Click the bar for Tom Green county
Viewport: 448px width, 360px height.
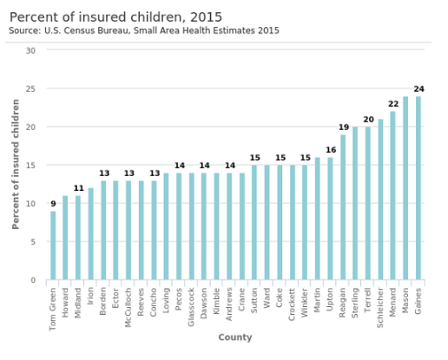(x=53, y=245)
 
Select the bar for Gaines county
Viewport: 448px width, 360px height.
(x=418, y=188)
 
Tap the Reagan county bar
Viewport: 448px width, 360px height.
(x=343, y=207)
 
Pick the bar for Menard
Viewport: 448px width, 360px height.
(x=392, y=195)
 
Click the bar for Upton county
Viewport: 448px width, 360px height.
(x=330, y=219)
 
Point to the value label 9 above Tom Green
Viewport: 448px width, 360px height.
(x=53, y=204)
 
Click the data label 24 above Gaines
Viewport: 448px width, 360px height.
(x=418, y=89)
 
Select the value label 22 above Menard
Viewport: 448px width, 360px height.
(x=393, y=104)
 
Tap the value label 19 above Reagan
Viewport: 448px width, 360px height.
(x=344, y=128)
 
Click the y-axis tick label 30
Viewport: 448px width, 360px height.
(x=30, y=51)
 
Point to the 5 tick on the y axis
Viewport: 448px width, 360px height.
(x=33, y=242)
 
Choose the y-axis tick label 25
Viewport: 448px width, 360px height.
(x=30, y=89)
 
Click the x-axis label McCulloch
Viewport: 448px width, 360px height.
(x=128, y=307)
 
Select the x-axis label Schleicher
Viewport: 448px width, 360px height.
(x=380, y=308)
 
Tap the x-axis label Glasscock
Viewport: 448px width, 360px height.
(x=191, y=307)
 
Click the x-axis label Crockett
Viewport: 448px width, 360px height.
(x=292, y=304)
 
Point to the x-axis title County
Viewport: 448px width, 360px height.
(x=235, y=337)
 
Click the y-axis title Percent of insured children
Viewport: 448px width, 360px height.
(x=16, y=164)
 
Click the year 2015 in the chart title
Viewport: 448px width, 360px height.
(x=206, y=17)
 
